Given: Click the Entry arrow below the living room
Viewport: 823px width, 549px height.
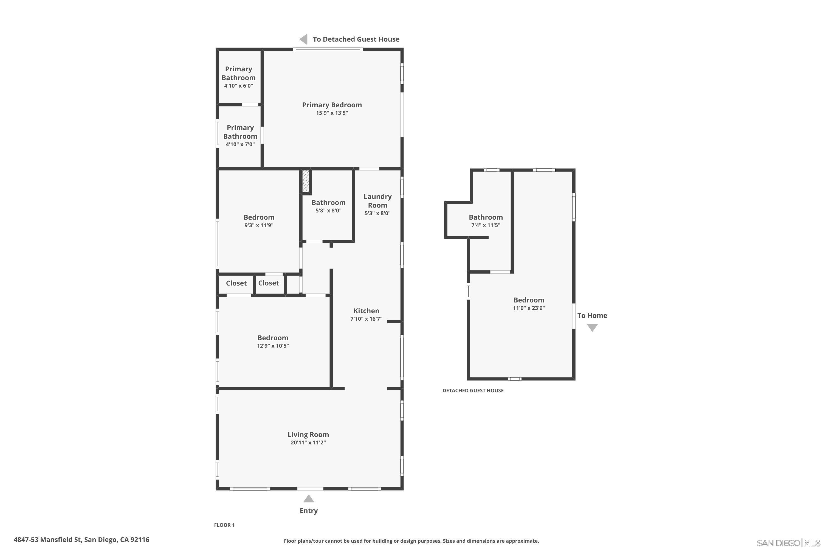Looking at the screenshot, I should point(308,498).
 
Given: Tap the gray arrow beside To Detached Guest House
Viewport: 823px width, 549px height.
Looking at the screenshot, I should point(304,39).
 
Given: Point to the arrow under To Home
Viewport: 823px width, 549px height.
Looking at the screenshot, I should point(592,327).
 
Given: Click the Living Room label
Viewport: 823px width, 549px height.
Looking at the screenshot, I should point(308,435).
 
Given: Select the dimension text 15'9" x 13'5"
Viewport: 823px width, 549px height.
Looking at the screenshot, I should point(332,113).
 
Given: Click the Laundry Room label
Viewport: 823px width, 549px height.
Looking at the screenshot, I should point(377,201).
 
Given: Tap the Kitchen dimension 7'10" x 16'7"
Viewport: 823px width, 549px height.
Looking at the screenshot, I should point(366,319).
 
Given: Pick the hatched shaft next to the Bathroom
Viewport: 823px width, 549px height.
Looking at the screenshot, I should point(306,181).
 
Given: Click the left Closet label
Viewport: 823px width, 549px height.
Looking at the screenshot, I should point(236,283).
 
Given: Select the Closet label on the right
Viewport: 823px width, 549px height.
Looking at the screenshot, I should point(268,283).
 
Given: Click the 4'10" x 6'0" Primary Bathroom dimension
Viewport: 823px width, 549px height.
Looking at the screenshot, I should point(238,86).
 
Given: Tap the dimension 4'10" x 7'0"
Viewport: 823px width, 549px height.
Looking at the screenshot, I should point(240,144).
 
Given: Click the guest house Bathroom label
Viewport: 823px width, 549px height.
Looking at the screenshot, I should point(486,217).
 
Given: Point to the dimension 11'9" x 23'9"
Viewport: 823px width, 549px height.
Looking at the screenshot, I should point(529,308).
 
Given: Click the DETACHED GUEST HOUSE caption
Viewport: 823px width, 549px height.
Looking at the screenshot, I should point(473,390).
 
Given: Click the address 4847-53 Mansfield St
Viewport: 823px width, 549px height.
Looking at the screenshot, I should point(81,540).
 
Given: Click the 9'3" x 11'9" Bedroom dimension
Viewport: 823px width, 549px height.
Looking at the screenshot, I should point(259,225).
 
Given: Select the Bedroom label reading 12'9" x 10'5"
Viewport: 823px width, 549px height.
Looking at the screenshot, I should point(273,338).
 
